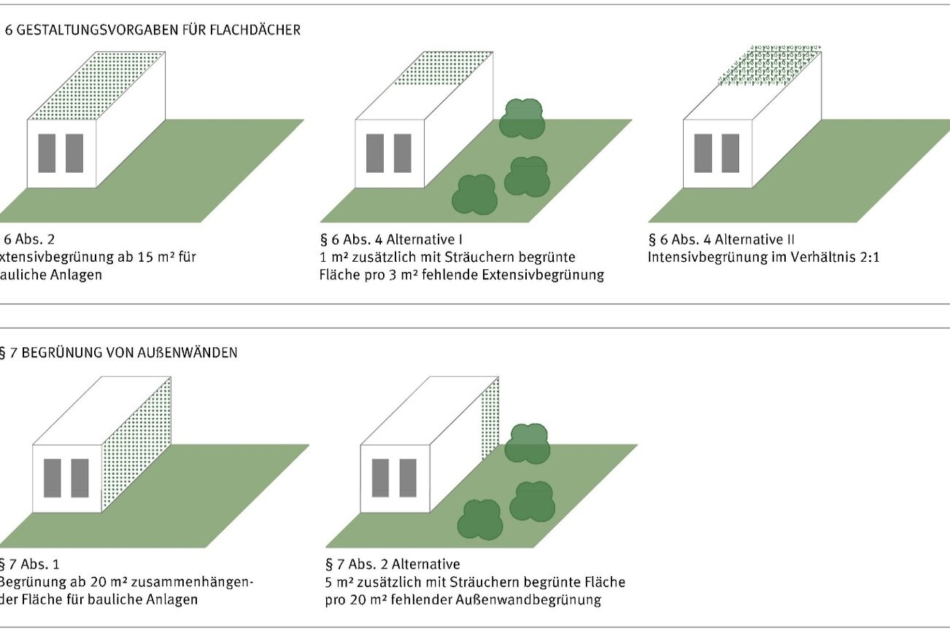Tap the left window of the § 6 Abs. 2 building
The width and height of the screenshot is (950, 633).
47,153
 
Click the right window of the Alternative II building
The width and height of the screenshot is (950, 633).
730,153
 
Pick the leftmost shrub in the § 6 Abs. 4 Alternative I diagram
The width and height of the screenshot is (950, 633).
474,195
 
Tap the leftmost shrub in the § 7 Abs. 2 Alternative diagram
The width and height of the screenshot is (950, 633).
479,520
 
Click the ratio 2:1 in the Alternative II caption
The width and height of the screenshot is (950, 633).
868,257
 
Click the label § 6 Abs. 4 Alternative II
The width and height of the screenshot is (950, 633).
721,239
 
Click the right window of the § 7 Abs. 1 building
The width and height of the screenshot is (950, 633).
80,478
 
